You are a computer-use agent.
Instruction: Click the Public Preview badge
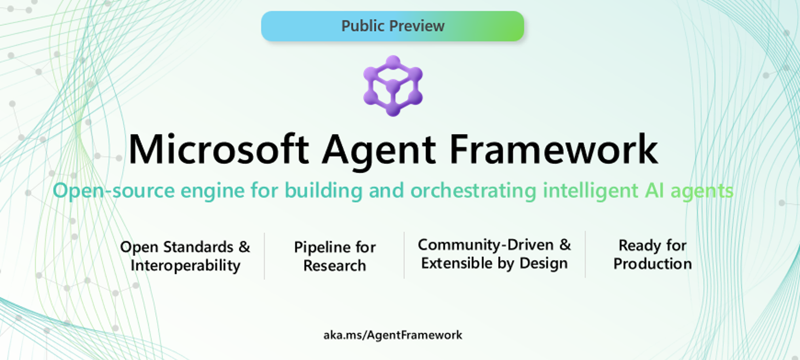coord(392,26)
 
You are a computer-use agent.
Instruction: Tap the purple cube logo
coord(393,86)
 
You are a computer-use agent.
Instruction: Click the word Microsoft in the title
coord(218,149)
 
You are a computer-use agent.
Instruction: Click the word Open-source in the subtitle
coord(113,191)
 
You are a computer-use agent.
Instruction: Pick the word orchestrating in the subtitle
coord(473,191)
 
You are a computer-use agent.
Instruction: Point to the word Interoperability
coord(185,266)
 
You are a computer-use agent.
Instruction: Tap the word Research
coord(335,266)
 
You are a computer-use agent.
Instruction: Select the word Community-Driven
coord(481,244)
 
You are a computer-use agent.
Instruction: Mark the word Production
coord(652,264)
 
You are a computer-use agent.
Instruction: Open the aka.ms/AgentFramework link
coord(392,335)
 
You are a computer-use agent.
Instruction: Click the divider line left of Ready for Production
coord(585,254)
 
